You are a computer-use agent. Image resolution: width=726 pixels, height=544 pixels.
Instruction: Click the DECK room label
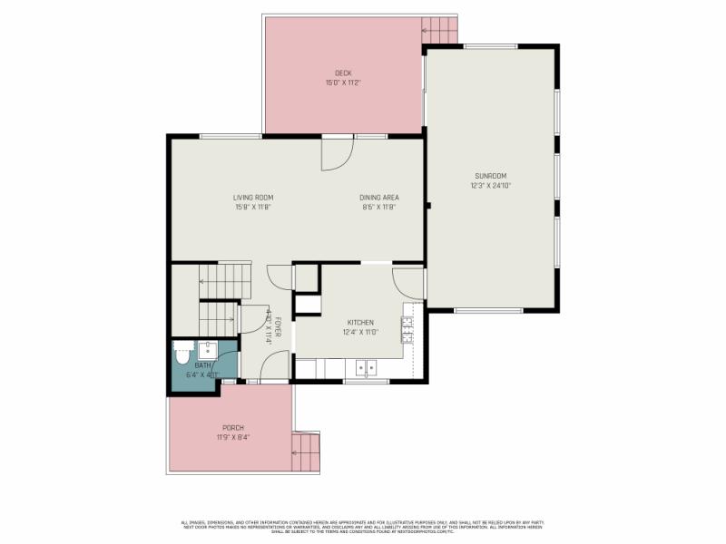[343, 73]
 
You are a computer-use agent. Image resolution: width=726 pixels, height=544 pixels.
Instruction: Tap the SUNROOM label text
[490, 176]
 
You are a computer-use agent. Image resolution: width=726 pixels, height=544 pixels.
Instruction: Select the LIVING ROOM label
[252, 198]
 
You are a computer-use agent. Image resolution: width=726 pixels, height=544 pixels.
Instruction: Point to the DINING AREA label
[378, 198]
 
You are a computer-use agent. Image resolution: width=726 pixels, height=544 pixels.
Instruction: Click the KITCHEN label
[360, 323]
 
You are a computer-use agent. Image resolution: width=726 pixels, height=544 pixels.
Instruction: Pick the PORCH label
[233, 428]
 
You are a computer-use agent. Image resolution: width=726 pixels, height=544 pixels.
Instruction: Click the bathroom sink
[207, 348]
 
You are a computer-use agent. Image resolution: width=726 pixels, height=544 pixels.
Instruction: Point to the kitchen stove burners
[407, 329]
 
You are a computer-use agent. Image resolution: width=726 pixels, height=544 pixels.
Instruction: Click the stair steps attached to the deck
[441, 30]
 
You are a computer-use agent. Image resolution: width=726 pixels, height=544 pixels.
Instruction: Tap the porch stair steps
[307, 451]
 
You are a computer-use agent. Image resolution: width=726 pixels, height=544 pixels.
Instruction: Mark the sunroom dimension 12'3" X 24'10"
[490, 186]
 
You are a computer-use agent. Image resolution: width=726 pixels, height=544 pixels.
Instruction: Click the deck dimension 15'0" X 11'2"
[343, 83]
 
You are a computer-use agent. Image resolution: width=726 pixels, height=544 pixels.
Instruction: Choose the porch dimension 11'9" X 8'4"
[233, 437]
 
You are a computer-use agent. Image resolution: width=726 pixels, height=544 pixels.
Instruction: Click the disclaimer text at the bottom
[363, 526]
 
